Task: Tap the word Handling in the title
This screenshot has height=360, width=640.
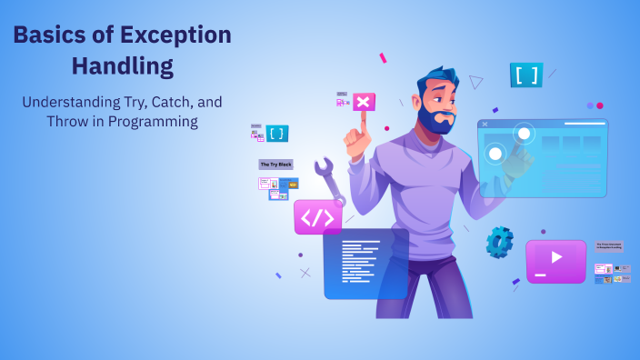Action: [x=122, y=66]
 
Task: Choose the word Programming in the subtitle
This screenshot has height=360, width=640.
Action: [x=153, y=121]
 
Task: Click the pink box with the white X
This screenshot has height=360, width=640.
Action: [x=364, y=101]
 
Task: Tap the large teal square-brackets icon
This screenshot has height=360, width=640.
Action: [x=525, y=75]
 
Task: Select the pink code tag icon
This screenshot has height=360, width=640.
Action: [x=317, y=217]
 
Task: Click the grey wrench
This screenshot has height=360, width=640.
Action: [x=329, y=181]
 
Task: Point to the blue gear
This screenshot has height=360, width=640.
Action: [x=499, y=242]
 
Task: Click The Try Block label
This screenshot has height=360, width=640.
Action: [x=275, y=165]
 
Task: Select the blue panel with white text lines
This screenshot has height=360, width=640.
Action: [x=365, y=263]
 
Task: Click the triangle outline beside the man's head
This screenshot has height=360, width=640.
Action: [x=475, y=82]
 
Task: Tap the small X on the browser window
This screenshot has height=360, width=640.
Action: [x=484, y=125]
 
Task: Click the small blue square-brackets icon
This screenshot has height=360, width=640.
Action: [x=276, y=134]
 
